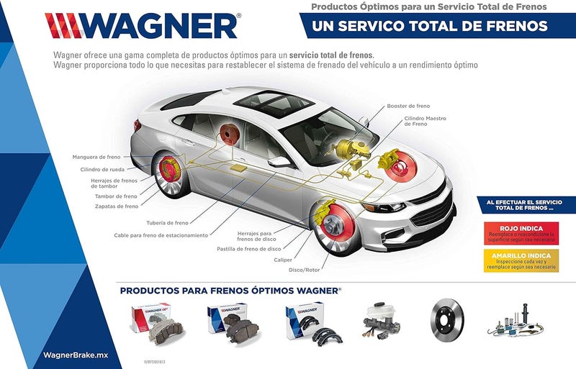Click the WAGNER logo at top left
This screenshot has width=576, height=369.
(x=143, y=26)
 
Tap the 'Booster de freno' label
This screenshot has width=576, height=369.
(x=408, y=106)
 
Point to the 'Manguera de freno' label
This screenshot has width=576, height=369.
(x=96, y=157)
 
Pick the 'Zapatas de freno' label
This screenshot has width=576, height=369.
(x=116, y=206)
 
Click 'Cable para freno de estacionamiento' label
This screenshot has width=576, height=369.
(x=161, y=235)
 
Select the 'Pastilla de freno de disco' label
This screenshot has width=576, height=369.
(x=250, y=249)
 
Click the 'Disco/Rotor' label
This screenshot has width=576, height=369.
(x=304, y=270)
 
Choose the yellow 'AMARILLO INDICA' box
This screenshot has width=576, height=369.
(x=520, y=260)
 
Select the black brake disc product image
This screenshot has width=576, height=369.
(x=447, y=319)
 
